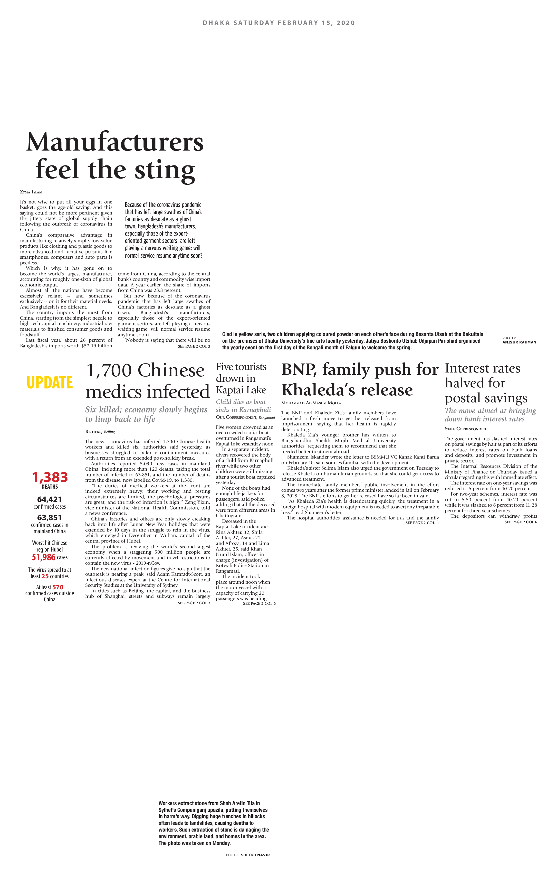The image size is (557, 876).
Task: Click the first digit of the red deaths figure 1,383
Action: tap(35, 477)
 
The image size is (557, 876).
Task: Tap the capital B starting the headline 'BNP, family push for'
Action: tap(288, 370)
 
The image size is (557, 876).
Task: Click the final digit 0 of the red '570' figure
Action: tap(61, 587)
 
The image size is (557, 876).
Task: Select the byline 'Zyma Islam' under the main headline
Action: tap(31, 192)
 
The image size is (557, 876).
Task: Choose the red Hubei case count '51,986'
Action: tap(44, 557)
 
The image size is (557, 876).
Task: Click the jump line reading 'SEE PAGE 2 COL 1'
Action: tap(422, 523)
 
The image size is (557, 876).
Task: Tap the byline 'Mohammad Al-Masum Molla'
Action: tap(311, 403)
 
